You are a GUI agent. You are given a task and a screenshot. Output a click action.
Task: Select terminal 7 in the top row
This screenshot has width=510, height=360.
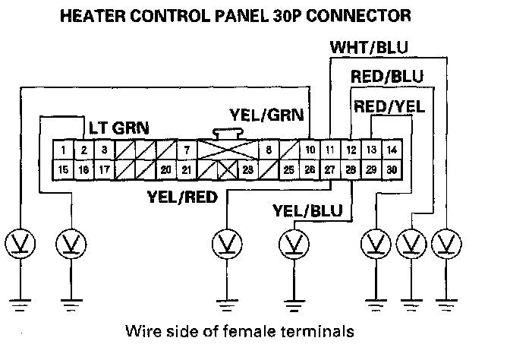187,150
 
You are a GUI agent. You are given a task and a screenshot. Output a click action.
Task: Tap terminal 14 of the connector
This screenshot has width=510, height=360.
391,150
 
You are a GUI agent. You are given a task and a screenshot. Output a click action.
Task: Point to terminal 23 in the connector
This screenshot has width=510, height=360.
247,169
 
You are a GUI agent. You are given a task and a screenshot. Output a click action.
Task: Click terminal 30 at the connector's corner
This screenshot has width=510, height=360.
391,169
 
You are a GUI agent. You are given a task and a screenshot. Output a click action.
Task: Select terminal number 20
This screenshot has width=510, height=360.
165,169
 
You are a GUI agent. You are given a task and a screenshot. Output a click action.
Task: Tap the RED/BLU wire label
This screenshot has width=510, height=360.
386,77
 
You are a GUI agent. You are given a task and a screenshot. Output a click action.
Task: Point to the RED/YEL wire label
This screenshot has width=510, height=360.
389,106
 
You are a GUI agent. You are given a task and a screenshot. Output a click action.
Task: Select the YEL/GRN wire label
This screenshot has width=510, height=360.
267,116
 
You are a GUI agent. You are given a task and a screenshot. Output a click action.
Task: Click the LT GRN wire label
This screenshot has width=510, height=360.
119,126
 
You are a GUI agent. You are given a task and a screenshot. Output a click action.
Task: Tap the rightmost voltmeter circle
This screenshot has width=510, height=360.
447,245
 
